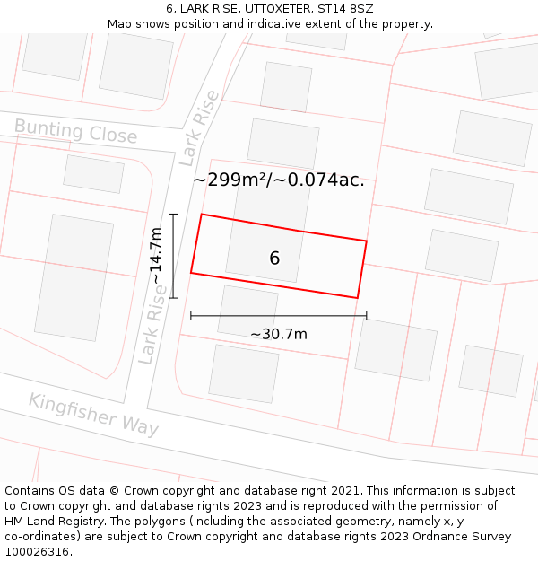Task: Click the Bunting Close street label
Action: [76, 132]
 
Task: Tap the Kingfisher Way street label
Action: [93, 414]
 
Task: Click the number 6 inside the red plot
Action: [274, 259]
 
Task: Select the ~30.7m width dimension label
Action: [279, 335]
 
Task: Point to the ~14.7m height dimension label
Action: [155, 257]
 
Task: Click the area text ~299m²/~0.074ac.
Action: [279, 180]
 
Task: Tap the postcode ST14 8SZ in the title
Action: [345, 9]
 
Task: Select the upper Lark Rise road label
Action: [199, 128]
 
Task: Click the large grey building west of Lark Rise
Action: [74, 277]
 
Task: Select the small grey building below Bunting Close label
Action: [94, 174]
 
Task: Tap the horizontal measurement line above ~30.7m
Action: [279, 316]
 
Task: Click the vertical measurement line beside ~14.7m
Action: [173, 256]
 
